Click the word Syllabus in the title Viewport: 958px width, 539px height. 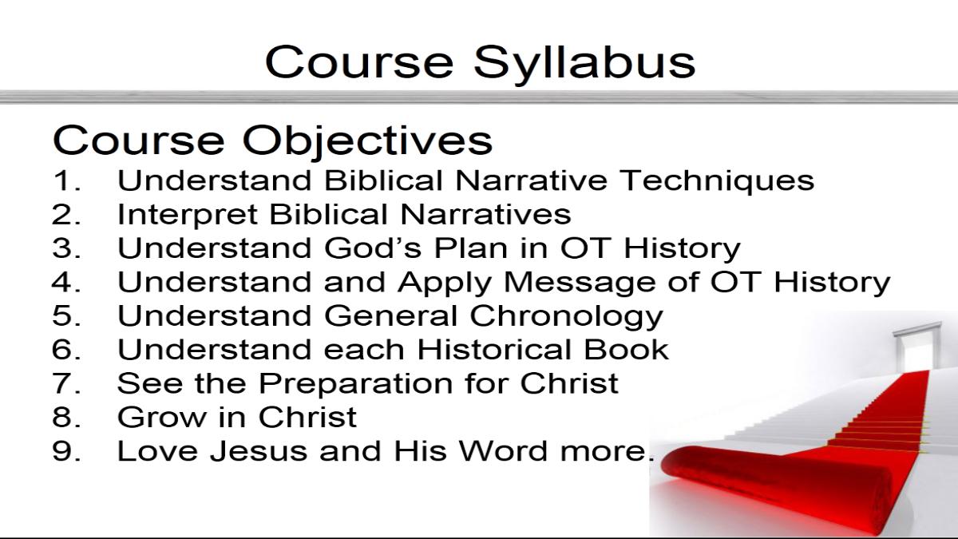click(584, 64)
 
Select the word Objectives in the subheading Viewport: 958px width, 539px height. click(367, 141)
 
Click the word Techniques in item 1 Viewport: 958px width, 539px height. click(717, 180)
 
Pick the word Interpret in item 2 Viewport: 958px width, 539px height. click(187, 214)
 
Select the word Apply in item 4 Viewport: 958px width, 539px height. click(445, 283)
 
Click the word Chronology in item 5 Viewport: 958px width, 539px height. click(566, 317)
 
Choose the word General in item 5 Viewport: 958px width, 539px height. click(391, 315)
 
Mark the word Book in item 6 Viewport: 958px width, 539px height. click(626, 350)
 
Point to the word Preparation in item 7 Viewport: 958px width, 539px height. click(356, 384)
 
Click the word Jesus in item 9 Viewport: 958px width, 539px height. click(259, 451)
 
